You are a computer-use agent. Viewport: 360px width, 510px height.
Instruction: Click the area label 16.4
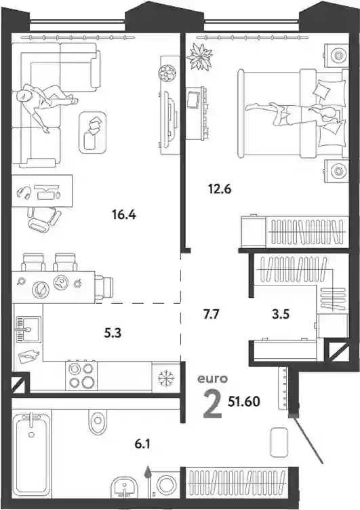tap(123, 215)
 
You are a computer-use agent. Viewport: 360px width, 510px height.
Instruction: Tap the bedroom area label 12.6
tap(220, 189)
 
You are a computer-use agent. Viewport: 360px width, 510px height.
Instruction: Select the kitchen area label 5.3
tap(113, 334)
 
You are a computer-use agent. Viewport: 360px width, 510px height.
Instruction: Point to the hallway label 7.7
tap(212, 315)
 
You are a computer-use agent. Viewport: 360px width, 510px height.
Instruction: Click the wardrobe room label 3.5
tap(281, 315)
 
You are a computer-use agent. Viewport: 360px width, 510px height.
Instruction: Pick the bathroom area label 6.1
tap(142, 444)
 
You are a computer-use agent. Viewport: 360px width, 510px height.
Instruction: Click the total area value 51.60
tap(244, 402)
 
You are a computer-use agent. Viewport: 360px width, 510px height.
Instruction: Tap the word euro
tap(213, 378)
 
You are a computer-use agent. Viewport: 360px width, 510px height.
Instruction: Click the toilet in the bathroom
tap(98, 421)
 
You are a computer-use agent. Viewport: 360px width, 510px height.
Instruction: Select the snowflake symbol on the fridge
tap(166, 378)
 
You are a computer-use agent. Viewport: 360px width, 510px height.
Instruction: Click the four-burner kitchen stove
tap(81, 376)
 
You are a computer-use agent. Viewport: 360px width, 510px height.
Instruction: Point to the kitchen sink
tap(28, 329)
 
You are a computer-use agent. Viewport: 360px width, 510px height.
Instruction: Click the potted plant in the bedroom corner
tap(199, 56)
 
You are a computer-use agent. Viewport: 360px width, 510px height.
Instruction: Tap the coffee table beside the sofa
tap(93, 132)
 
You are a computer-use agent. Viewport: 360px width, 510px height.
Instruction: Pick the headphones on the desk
tap(24, 192)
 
